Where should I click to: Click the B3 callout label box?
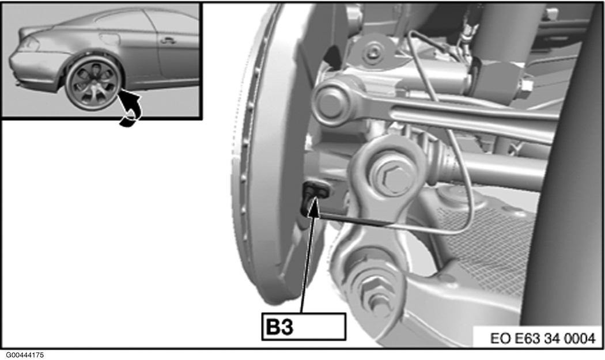coord(304,327)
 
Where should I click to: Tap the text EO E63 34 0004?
coord(543,338)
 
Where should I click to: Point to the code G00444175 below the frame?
coord(25,355)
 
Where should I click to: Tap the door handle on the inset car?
coord(168,40)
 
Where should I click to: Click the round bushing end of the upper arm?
coord(330,103)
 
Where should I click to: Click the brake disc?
coord(266,154)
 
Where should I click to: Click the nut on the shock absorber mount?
coord(525,86)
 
